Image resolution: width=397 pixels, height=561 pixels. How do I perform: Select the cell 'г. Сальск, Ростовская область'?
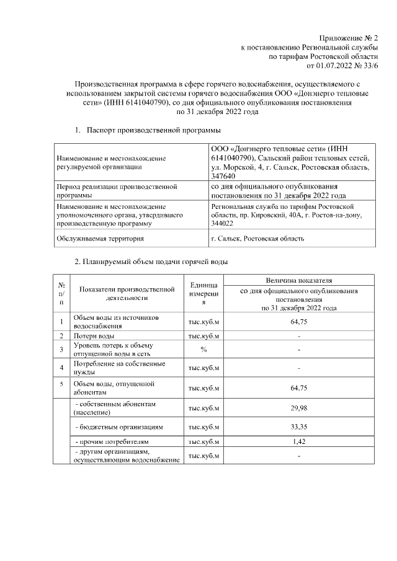[x=257, y=239]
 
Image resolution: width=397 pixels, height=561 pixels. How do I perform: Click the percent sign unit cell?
[x=203, y=350]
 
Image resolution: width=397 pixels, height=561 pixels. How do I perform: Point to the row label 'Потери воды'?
[x=93, y=336]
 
